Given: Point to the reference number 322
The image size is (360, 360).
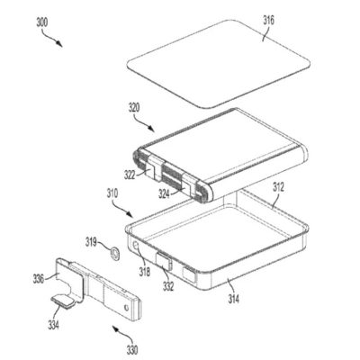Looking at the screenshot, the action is click(130, 174).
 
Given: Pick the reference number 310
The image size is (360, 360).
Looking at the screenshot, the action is click(113, 191).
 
